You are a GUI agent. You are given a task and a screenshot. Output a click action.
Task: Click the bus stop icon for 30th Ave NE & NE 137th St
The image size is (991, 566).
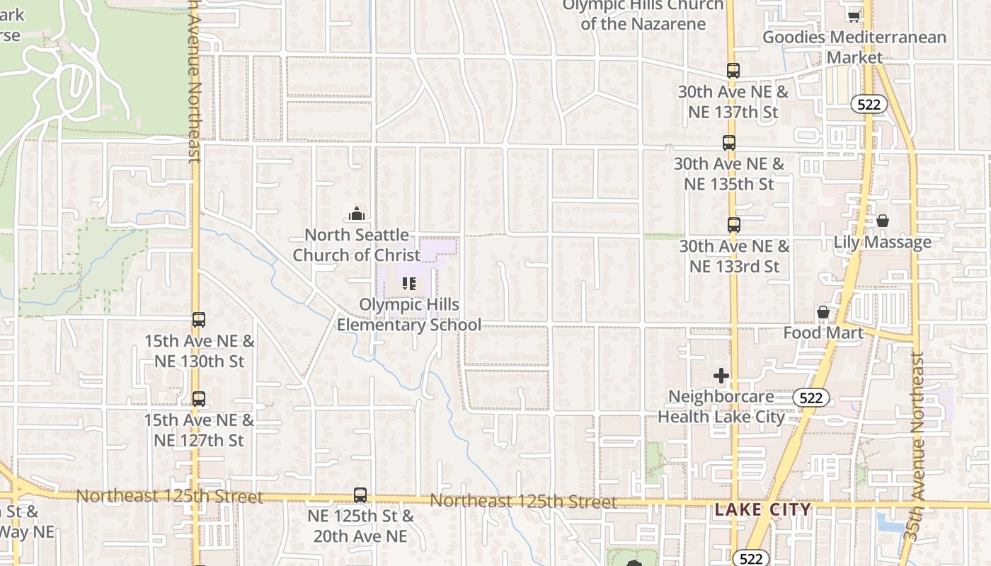pyautogui.click(x=733, y=71)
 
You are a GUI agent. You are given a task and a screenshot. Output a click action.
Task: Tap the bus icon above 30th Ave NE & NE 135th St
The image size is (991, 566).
pyautogui.click(x=729, y=143)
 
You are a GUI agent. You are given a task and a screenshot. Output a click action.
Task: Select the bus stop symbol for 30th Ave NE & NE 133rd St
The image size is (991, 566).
pyautogui.click(x=734, y=225)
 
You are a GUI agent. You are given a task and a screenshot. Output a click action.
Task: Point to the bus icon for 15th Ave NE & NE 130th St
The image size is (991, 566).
pyautogui.click(x=199, y=320)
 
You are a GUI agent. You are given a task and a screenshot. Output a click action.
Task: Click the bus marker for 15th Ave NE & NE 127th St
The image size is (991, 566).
pyautogui.click(x=199, y=399)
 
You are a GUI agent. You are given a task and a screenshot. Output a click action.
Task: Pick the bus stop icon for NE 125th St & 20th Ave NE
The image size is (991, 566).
pyautogui.click(x=360, y=495)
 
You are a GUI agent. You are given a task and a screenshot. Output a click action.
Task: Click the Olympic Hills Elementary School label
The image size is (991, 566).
pyautogui.click(x=409, y=315)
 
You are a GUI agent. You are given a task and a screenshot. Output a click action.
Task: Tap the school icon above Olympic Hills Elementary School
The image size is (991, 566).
pyautogui.click(x=408, y=284)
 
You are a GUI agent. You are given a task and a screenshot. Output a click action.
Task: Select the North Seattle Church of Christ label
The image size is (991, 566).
pyautogui.click(x=357, y=245)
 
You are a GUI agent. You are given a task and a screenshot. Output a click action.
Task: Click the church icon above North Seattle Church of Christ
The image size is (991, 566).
pyautogui.click(x=357, y=213)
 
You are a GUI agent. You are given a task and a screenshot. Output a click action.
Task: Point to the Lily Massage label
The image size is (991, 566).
pyautogui.click(x=882, y=242)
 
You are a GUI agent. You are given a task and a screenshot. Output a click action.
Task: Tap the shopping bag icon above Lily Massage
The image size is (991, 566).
pyautogui.click(x=883, y=221)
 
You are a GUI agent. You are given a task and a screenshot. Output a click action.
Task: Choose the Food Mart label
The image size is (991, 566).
pyautogui.click(x=823, y=333)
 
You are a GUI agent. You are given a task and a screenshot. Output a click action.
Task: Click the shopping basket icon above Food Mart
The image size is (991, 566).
pyautogui.click(x=823, y=312)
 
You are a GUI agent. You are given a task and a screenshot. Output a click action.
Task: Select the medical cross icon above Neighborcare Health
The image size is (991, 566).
pyautogui.click(x=721, y=376)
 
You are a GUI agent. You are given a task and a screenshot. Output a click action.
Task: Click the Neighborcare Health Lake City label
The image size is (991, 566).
pyautogui.click(x=721, y=407)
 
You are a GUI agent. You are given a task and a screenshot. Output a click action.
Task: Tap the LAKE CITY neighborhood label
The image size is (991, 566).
pyautogui.click(x=762, y=509)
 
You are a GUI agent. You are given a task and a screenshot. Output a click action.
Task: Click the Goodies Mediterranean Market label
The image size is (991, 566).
pyautogui.click(x=854, y=47)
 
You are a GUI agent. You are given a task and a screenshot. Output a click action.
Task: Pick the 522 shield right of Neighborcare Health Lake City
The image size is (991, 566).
pyautogui.click(x=810, y=398)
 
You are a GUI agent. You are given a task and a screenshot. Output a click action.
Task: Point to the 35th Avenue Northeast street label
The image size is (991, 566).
pyautogui.click(x=918, y=446)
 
